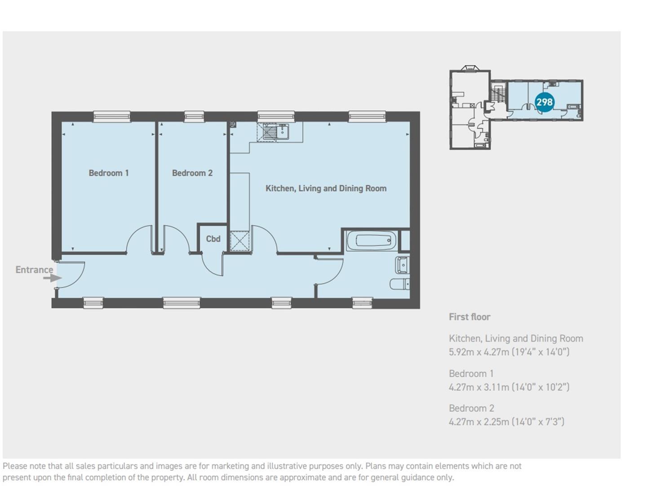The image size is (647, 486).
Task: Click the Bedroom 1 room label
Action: tap(108, 173)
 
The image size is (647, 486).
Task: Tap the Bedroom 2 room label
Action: tap(192, 173)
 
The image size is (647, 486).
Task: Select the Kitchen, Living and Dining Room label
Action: tap(326, 189)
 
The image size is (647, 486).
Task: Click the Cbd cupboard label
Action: tap(213, 239)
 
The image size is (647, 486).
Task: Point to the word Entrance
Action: tap(34, 270)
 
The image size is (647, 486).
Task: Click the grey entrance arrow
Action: tap(53, 278)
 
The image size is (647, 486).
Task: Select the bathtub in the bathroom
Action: tap(371, 241)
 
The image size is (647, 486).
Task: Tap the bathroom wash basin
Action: tap(402, 265)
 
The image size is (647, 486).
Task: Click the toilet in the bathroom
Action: tap(399, 284)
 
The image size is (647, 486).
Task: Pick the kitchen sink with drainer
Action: tap(273, 132)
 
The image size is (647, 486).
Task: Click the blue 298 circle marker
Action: tap(544, 102)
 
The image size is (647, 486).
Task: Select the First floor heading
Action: tap(470, 317)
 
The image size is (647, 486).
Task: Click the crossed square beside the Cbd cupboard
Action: tap(239, 241)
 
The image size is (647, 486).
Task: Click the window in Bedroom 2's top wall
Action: tap(194, 117)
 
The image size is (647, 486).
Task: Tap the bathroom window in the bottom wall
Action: tap(362, 303)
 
